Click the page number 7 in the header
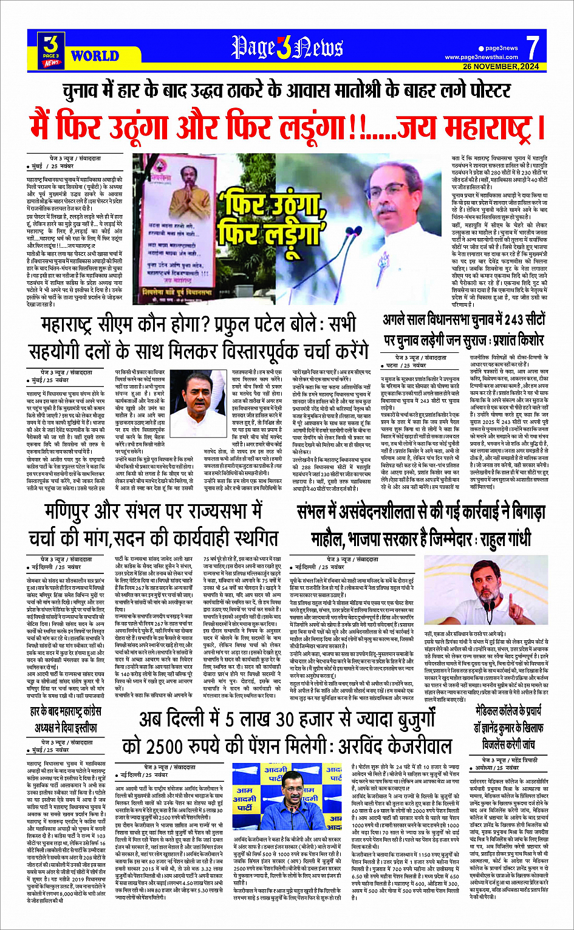[532, 47]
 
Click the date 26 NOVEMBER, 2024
[501, 66]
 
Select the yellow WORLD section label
[95, 56]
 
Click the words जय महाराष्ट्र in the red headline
[470, 125]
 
